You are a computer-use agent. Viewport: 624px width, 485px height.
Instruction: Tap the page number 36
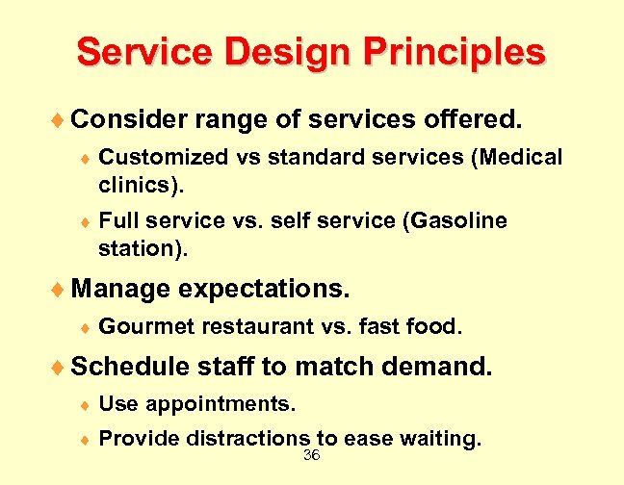[311, 455]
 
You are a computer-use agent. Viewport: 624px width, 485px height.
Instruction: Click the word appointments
[217, 404]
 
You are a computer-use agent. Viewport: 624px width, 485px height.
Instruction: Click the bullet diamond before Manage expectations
[62, 289]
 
